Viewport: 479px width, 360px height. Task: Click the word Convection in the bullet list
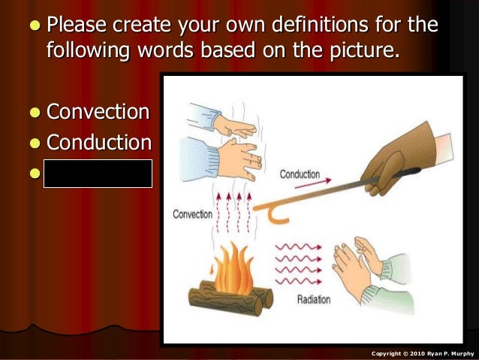pyautogui.click(x=98, y=113)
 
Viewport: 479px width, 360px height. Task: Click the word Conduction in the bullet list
pyautogui.click(x=98, y=143)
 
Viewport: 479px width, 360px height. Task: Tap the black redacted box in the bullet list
pyautogui.click(x=98, y=173)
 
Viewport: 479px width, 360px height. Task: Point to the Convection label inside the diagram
pyautogui.click(x=194, y=214)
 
